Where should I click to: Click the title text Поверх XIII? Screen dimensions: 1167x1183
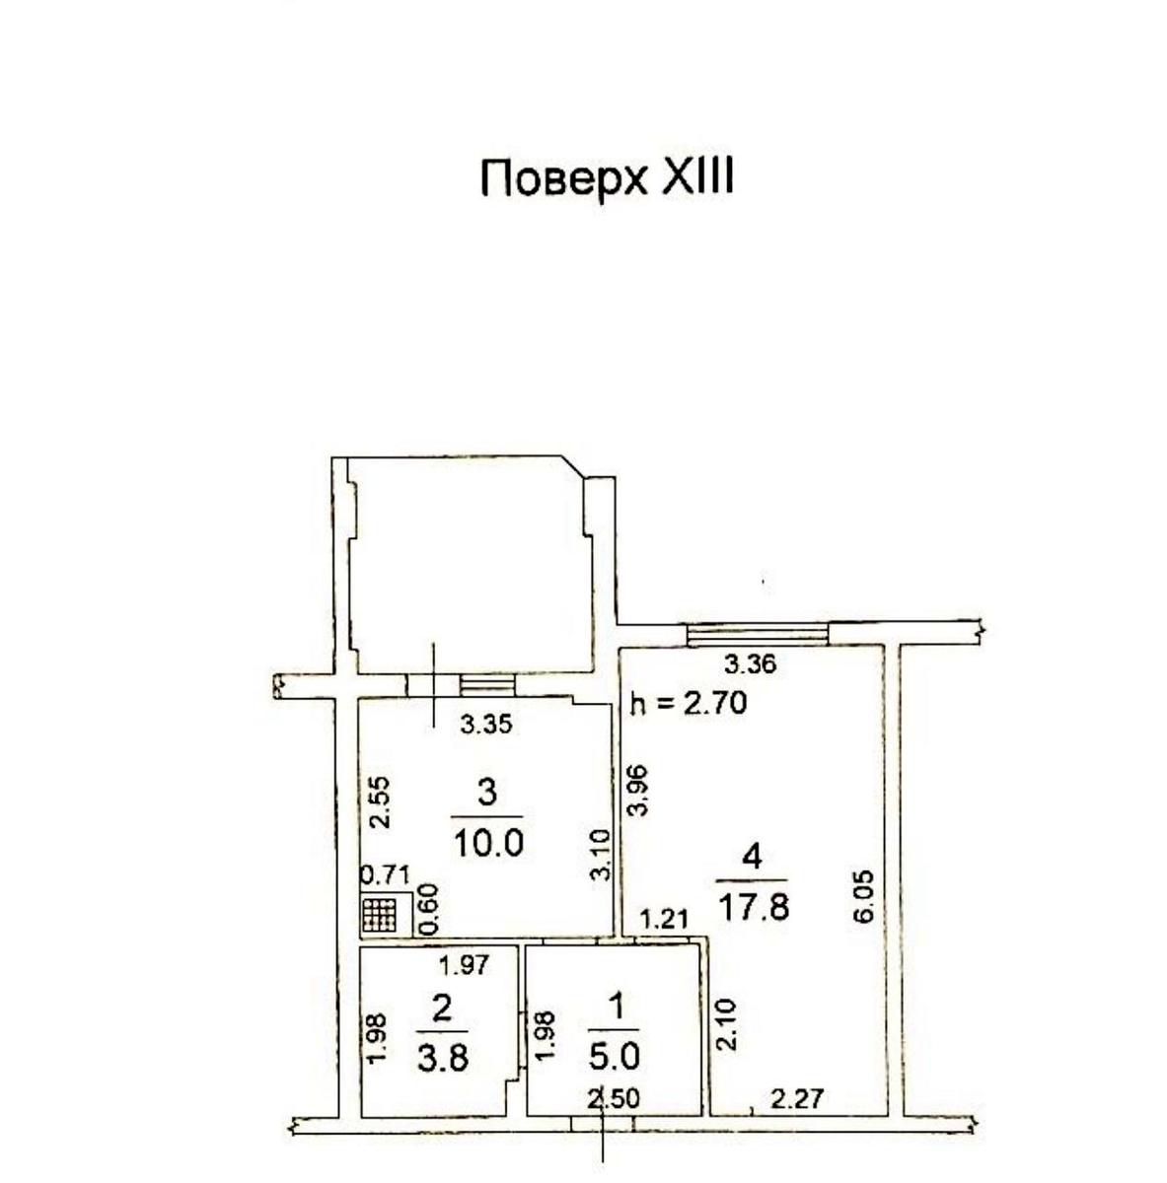607,178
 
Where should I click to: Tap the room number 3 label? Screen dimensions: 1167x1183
486,792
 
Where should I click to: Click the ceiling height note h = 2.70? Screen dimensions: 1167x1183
689,703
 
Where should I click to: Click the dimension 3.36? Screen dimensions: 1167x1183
751,664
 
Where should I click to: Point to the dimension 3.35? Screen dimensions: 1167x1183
486,725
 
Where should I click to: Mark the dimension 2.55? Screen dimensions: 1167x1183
382,802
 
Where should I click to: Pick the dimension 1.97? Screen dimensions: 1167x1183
464,966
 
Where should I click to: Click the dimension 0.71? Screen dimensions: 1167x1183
386,875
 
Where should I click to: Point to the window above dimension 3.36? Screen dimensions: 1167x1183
758,635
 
